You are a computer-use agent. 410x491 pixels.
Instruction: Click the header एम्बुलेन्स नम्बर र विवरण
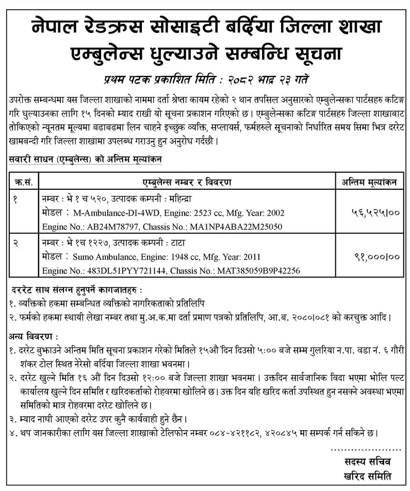187,182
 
